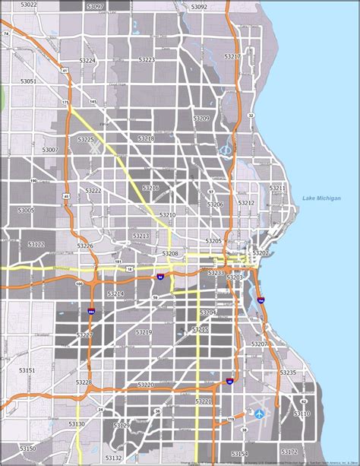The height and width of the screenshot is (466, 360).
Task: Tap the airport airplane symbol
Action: click(x=261, y=414)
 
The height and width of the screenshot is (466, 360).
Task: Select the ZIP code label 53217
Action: click(x=232, y=57)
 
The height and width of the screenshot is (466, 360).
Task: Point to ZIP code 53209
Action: click(x=201, y=119)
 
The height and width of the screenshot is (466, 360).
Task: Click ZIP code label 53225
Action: click(x=85, y=140)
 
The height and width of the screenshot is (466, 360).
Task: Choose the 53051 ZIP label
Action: click(x=28, y=81)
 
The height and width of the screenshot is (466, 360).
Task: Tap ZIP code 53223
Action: click(x=147, y=59)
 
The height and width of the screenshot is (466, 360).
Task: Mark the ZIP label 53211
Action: click(x=277, y=188)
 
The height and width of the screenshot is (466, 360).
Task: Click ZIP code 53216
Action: click(x=150, y=188)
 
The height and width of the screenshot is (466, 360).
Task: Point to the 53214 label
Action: click(x=115, y=293)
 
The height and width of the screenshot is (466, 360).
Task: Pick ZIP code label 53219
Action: click(x=144, y=332)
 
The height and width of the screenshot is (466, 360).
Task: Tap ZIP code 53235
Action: click(x=288, y=372)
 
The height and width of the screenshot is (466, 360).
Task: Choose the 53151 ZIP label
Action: click(x=27, y=370)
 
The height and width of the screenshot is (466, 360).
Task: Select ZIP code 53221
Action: click(x=203, y=401)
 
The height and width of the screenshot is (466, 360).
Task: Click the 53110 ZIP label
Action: click(x=302, y=414)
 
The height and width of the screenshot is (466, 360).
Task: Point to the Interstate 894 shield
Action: click(x=92, y=311)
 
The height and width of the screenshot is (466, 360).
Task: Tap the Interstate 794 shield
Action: click(x=261, y=300)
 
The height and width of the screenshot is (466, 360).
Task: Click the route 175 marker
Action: click(x=65, y=102)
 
